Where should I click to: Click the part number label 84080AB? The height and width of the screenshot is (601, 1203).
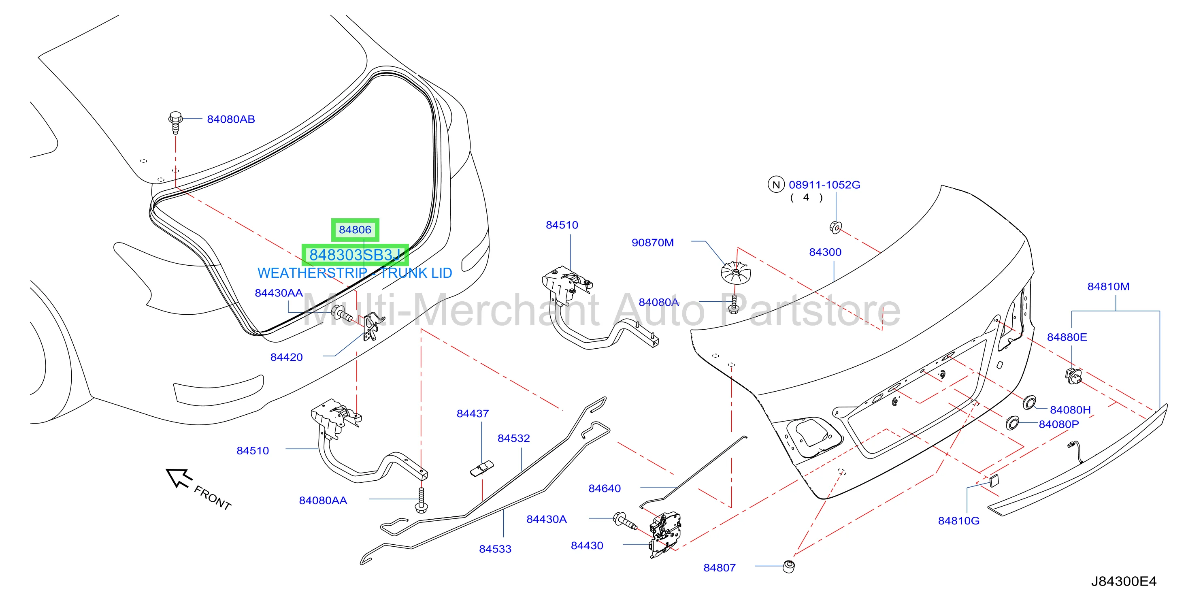click(231, 119)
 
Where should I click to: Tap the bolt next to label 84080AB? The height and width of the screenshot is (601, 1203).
click(176, 122)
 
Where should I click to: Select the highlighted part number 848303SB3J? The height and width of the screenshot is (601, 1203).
click(355, 255)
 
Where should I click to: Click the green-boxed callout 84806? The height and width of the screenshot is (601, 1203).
click(355, 230)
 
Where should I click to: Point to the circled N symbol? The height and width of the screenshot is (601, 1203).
click(776, 185)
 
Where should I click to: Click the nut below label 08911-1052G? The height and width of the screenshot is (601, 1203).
click(835, 228)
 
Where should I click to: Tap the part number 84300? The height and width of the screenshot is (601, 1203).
click(825, 252)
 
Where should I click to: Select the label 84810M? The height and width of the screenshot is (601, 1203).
click(1108, 287)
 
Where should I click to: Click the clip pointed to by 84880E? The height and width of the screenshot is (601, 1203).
click(1073, 375)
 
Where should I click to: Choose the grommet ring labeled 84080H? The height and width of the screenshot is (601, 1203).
click(1029, 403)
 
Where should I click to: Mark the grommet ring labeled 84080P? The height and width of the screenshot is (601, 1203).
click(1012, 423)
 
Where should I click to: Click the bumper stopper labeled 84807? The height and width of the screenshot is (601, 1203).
click(788, 567)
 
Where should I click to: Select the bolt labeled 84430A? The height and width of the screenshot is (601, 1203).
click(625, 521)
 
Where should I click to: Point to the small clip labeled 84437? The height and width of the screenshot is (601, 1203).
click(482, 469)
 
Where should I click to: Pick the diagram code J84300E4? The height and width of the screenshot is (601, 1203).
click(1124, 582)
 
